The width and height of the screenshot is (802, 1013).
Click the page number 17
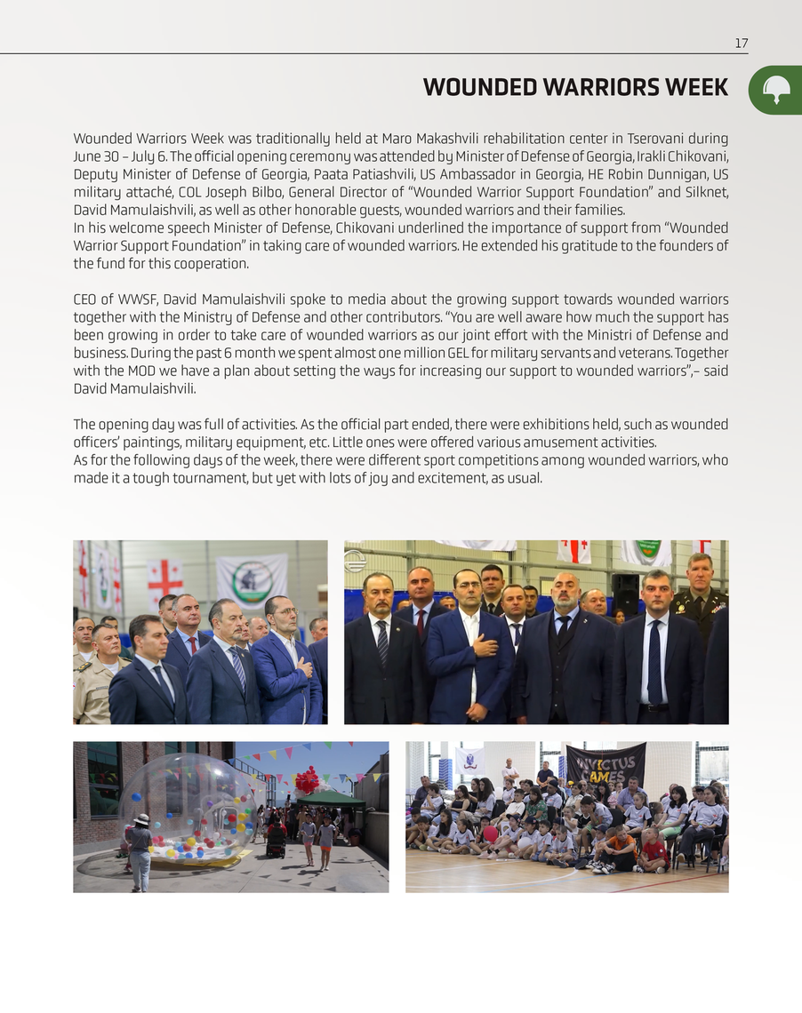741,44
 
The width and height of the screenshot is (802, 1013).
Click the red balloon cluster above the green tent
307,779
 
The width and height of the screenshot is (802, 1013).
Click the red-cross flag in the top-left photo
164,578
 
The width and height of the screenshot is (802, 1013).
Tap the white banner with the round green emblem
252,578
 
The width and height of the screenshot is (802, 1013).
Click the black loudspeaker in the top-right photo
625,592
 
